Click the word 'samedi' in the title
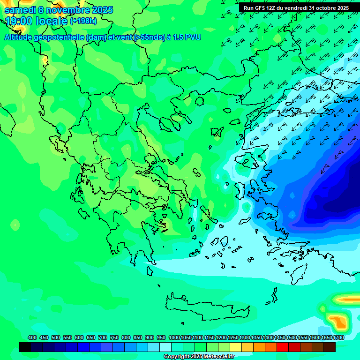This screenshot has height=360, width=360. (20, 10)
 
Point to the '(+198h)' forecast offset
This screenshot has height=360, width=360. (83, 21)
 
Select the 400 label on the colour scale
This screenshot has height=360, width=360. (32, 338)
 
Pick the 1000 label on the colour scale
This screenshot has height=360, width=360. (174, 338)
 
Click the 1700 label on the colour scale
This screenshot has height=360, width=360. (338, 338)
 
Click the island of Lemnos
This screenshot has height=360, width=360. (216, 132)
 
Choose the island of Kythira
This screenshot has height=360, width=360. (150, 271)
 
